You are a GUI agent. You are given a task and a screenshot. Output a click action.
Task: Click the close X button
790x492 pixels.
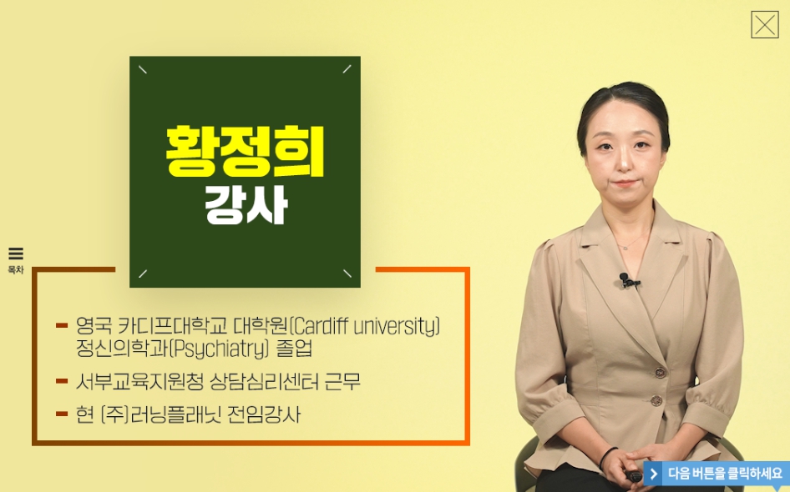tap(764, 25)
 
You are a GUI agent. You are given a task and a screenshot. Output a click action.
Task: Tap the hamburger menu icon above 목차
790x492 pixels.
tap(16, 253)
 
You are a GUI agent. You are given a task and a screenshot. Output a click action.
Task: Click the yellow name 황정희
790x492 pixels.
tap(245, 152)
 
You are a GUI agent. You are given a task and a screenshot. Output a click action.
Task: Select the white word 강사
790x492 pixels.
tap(246, 204)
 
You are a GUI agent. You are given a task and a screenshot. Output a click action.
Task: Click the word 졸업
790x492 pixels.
tap(295, 349)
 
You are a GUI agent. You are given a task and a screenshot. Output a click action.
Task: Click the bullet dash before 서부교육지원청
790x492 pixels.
tap(62, 381)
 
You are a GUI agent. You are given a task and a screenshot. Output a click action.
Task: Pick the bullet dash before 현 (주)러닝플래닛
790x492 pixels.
tap(62, 414)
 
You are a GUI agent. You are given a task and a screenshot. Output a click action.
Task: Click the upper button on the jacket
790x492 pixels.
tap(660, 373)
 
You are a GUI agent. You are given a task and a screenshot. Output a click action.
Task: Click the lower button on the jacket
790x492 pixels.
tap(656, 400)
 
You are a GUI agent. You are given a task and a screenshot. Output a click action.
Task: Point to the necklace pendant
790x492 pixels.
tap(625, 248)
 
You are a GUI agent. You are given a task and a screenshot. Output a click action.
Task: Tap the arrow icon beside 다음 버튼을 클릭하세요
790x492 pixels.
tap(654, 474)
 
